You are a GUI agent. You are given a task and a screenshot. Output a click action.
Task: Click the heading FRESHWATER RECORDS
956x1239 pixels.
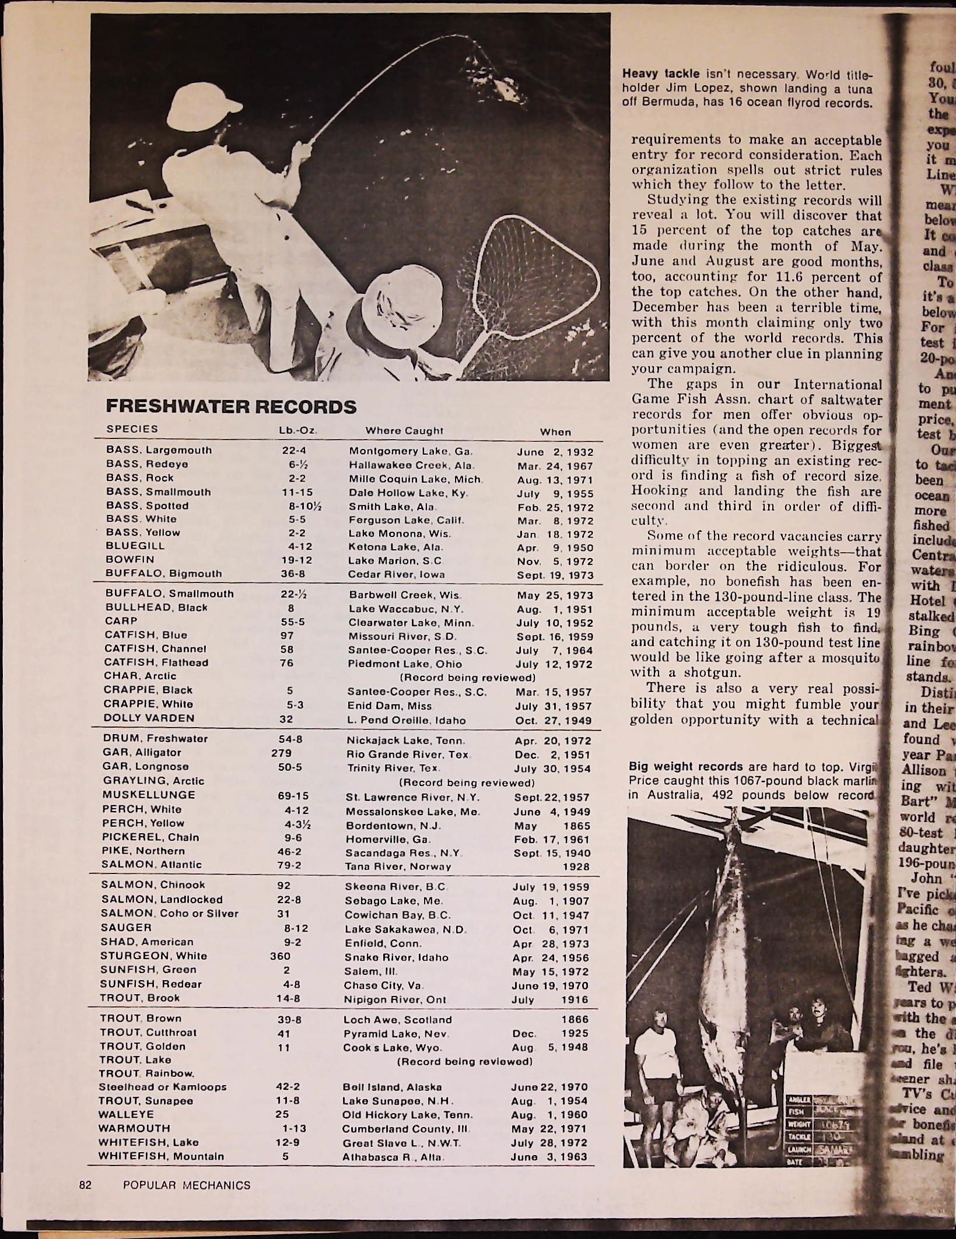(x=230, y=406)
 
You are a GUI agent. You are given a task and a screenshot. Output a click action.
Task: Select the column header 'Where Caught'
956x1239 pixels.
(x=404, y=431)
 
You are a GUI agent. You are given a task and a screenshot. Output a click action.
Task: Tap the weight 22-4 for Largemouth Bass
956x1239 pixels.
(x=294, y=451)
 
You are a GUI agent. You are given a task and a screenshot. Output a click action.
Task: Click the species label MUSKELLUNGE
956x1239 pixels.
(x=149, y=795)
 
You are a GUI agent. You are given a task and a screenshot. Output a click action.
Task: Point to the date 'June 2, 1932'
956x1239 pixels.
(x=555, y=452)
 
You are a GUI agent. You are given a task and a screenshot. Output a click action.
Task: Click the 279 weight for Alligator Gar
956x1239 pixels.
(x=281, y=753)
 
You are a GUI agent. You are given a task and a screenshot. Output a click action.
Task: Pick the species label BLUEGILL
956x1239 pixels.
(x=135, y=546)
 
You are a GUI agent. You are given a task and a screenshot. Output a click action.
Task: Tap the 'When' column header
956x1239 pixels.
(x=555, y=432)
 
